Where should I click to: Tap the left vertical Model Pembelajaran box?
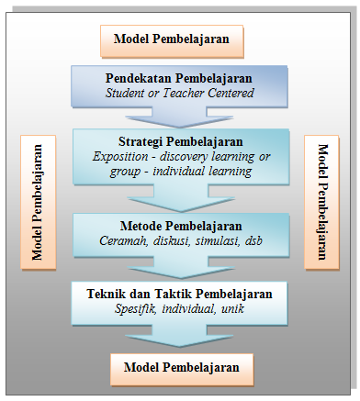[39, 201]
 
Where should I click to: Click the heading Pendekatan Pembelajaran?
[179, 78]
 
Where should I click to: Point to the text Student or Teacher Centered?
[179, 93]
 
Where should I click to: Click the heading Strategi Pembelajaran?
[180, 141]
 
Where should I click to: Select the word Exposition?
[123, 156]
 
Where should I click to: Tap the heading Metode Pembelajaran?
[180, 226]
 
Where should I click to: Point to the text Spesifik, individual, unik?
[180, 309]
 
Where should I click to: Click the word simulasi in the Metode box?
[216, 240]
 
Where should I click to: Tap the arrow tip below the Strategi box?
[179, 205]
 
